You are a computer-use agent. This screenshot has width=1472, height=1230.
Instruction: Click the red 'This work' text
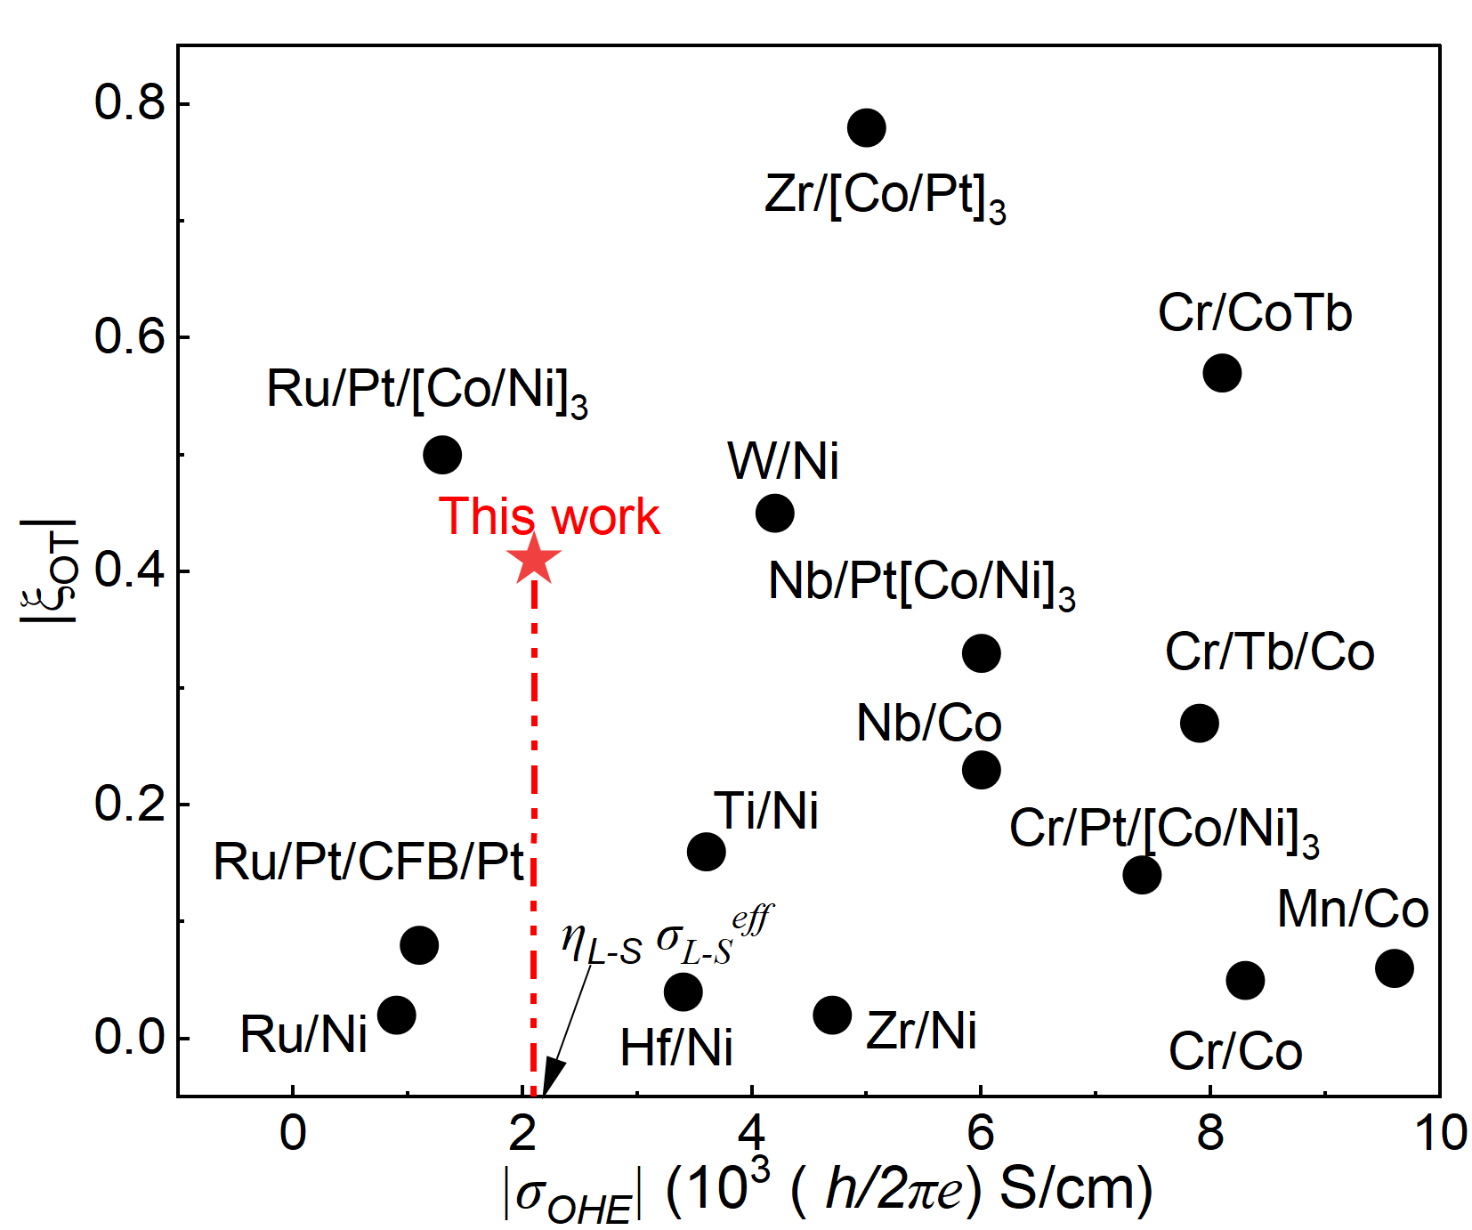[549, 516]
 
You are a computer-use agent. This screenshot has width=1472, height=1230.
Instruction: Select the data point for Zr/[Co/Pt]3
[866, 128]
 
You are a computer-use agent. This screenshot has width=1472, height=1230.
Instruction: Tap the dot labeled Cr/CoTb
[1222, 373]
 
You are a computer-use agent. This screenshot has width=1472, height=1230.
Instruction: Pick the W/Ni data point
[774, 514]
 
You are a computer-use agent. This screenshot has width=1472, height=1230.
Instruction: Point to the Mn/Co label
[1352, 910]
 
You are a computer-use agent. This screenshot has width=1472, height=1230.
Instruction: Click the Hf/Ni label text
[676, 1048]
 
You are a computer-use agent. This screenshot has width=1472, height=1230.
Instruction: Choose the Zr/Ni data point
[832, 1016]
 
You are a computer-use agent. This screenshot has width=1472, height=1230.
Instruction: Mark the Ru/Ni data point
[396, 1016]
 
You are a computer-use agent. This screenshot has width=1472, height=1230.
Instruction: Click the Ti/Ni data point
[706, 852]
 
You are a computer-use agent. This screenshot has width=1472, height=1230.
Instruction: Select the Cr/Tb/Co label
[1269, 652]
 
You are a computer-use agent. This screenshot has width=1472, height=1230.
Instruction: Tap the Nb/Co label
[928, 723]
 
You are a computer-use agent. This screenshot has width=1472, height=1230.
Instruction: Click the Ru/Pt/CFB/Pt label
[368, 862]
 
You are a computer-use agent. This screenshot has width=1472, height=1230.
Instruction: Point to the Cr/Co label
[1235, 1051]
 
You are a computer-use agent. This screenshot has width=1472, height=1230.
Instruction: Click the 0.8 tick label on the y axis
[130, 102]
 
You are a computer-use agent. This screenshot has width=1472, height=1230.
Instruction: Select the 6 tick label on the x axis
[981, 1133]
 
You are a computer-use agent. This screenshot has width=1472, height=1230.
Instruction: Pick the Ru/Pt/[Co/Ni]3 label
[427, 391]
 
